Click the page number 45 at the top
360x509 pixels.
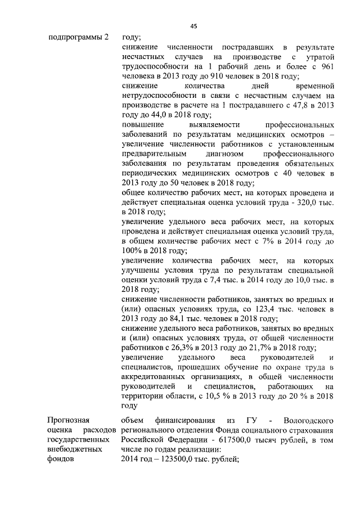coord(193,26)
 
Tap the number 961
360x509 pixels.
coord(328,67)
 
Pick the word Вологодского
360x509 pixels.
coord(310,420)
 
